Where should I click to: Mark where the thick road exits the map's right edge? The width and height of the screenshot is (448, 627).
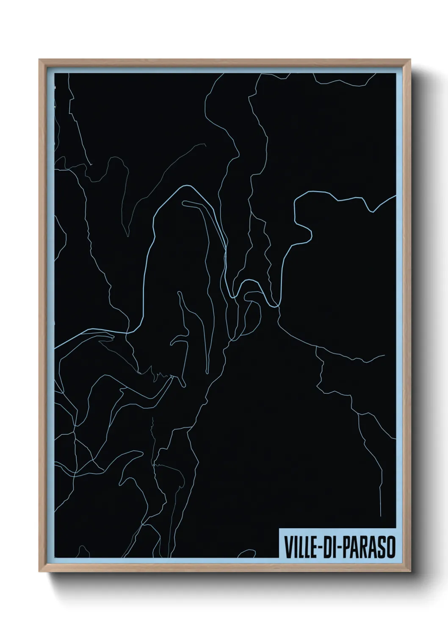pyautogui.click(x=395, y=196)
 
